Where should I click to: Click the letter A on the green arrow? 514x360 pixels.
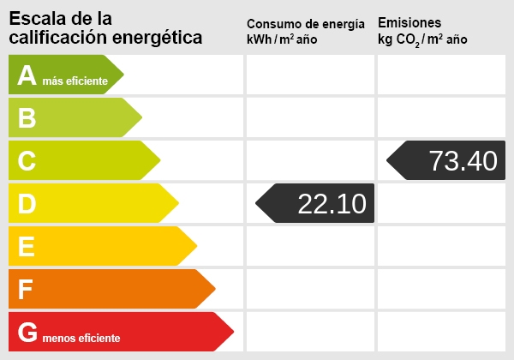tap(27, 75)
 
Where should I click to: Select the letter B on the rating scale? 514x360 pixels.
tap(27, 118)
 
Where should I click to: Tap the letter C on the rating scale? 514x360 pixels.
tap(27, 161)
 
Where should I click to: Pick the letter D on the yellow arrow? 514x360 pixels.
tap(27, 204)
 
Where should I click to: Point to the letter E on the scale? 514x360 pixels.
tap(27, 247)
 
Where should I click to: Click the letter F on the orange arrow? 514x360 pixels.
tap(27, 290)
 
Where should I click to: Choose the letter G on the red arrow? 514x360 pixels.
tap(28, 333)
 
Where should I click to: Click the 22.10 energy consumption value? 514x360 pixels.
tap(332, 204)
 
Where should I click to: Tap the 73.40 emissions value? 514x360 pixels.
tap(463, 161)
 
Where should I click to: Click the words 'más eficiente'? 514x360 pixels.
tap(75, 81)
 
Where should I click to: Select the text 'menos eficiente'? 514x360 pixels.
tap(81, 338)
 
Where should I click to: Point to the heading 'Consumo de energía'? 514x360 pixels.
tap(305, 24)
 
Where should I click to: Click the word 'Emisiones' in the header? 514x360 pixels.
tap(409, 22)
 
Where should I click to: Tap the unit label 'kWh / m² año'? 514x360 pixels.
tap(284, 40)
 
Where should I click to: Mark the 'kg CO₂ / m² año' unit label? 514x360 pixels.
tap(422, 40)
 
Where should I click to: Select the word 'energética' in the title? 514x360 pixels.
tap(162, 37)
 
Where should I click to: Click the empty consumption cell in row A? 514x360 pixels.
tap(310, 75)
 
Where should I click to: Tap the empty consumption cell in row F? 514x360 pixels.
tap(310, 289)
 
